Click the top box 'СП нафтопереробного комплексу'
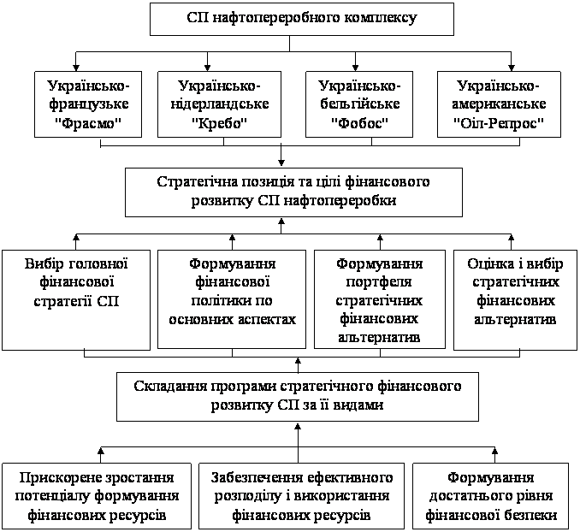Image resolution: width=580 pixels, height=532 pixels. point(302,19)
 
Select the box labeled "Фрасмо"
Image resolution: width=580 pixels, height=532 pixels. point(88,104)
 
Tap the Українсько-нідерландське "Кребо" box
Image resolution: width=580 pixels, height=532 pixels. point(219,104)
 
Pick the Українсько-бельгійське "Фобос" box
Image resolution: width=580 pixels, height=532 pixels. point(359,104)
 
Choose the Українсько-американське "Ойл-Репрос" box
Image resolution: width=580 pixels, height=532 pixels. point(499,104)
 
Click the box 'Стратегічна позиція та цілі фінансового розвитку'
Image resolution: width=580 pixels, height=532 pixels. point(293,192)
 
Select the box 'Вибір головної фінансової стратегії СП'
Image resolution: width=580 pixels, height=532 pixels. point(76,300)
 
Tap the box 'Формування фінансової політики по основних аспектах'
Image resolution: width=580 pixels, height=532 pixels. point(232,299)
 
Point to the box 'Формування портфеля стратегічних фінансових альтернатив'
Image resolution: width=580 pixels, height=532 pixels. point(380,299)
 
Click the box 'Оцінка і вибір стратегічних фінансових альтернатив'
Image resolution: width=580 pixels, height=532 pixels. point(516,300)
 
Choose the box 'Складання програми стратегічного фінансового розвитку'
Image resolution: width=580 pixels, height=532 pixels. point(298,397)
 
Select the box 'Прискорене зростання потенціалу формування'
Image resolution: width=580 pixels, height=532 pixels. point(97,496)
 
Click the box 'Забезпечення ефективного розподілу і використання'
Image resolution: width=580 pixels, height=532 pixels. point(301,496)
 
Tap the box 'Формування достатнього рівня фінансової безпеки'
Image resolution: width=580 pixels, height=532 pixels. point(491,496)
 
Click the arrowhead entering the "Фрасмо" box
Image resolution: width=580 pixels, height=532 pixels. point(76,68)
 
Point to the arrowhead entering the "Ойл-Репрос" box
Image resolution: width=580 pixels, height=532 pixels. point(512,68)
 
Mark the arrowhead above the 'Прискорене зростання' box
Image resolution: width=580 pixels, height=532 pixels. point(101,450)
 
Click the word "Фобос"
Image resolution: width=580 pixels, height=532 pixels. point(359,122)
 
